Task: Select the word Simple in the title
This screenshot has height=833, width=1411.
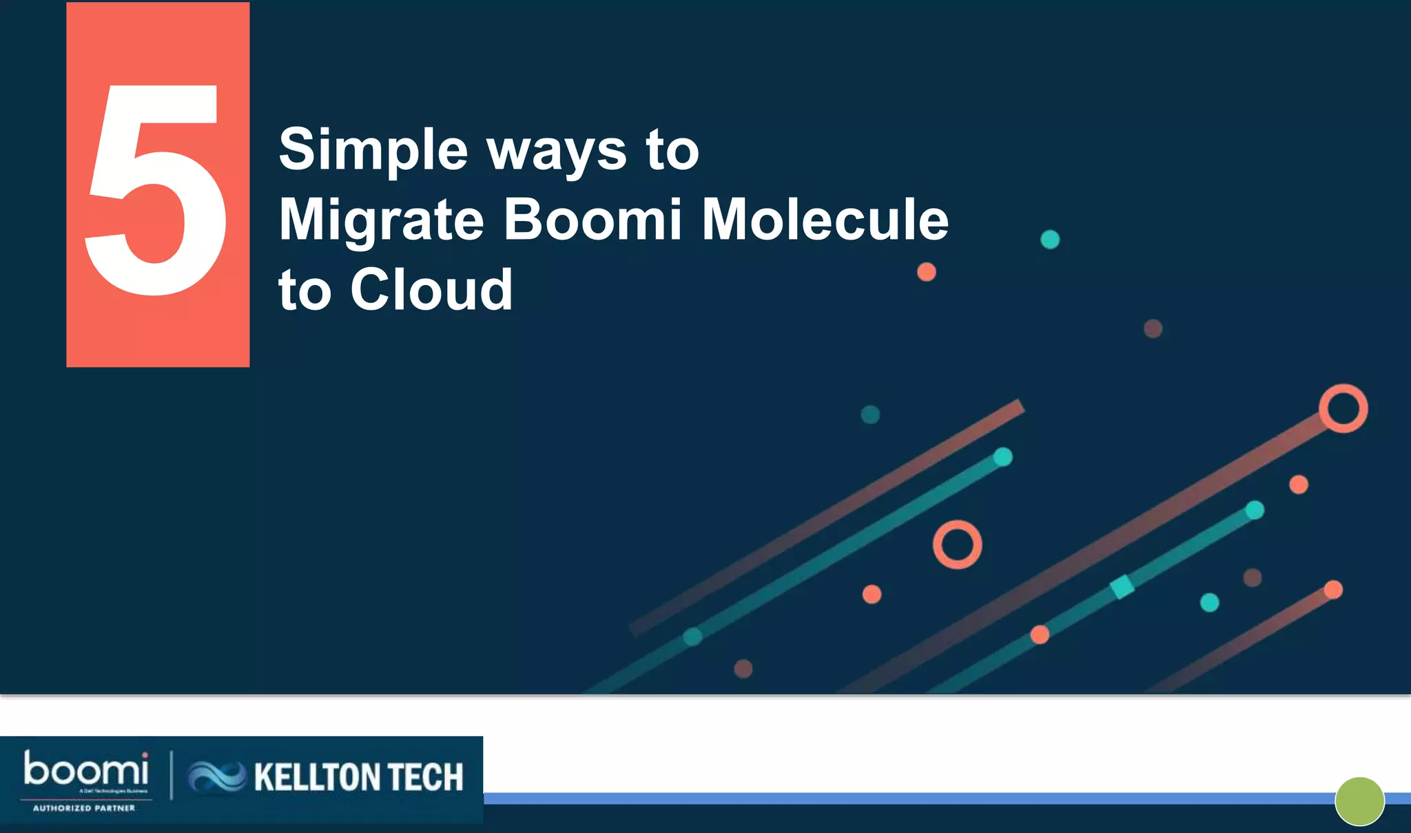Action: tap(373, 150)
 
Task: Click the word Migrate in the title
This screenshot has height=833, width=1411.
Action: tap(382, 220)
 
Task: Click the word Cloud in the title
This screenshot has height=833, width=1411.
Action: tap(431, 290)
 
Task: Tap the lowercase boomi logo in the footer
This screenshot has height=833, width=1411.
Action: tap(86, 770)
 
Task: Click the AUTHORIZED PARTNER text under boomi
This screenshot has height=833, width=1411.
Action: tap(84, 808)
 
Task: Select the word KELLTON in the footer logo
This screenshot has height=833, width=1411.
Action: tap(308, 777)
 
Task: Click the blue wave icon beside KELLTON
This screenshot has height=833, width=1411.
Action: tap(216, 777)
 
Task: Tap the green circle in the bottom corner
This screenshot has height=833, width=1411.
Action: tap(1359, 801)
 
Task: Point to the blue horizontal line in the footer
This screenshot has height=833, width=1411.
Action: tap(896, 799)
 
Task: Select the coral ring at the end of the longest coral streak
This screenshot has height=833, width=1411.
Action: tap(1343, 408)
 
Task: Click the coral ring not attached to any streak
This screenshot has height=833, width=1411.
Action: tap(957, 545)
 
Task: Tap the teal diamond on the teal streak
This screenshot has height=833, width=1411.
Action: tap(1122, 587)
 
